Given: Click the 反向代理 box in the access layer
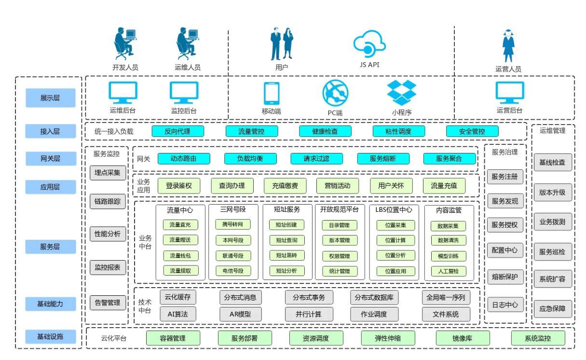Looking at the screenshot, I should tap(177, 131).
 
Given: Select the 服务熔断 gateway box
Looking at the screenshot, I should tap(383, 158).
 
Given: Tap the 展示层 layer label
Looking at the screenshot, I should tap(51, 97).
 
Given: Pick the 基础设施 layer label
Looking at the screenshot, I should tap(51, 336).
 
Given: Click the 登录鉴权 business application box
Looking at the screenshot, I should tap(182, 185).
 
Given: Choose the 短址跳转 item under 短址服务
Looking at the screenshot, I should tap(286, 255).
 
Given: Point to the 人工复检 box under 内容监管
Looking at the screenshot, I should tap(448, 271).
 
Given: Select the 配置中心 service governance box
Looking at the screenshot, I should tap(504, 250).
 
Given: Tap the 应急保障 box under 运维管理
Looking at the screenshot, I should tap(553, 308).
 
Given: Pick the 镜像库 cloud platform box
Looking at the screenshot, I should tap(463, 338).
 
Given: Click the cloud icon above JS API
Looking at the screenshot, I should tap(369, 43).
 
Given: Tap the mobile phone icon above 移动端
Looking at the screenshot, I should tap(271, 93).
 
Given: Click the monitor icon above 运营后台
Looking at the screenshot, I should tap(509, 92).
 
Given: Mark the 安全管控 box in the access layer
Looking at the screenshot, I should tap(472, 131).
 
